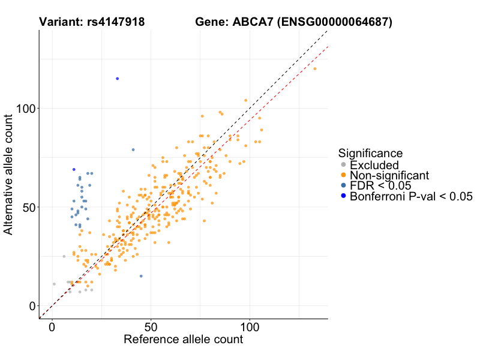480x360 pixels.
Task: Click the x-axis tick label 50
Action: pos(151,328)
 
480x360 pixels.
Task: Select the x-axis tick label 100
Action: pos(250,328)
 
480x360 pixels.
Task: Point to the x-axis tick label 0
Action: pos(52,328)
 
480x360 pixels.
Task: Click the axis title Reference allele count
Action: pos(183,340)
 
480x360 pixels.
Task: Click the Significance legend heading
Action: pos(370,153)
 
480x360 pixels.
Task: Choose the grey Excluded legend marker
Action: pos(343,165)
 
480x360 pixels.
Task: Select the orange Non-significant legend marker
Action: pos(343,175)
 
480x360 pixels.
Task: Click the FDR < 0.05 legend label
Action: pos(380,185)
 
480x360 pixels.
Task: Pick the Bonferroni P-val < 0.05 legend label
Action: pos(412,196)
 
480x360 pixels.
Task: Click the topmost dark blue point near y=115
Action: pos(118,79)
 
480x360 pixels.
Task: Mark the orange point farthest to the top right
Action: pos(315,68)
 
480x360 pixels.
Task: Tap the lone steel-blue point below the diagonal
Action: pos(141,276)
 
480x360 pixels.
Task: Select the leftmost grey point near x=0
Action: pos(54,284)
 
